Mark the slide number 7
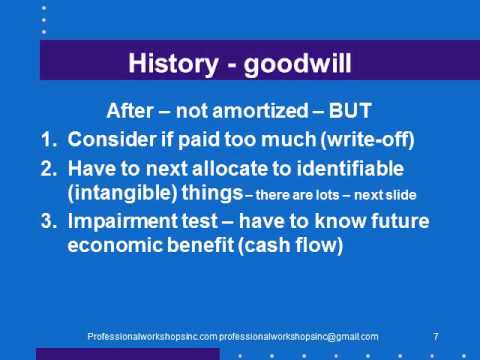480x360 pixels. [x=437, y=336]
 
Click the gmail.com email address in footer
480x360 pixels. [x=299, y=336]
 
